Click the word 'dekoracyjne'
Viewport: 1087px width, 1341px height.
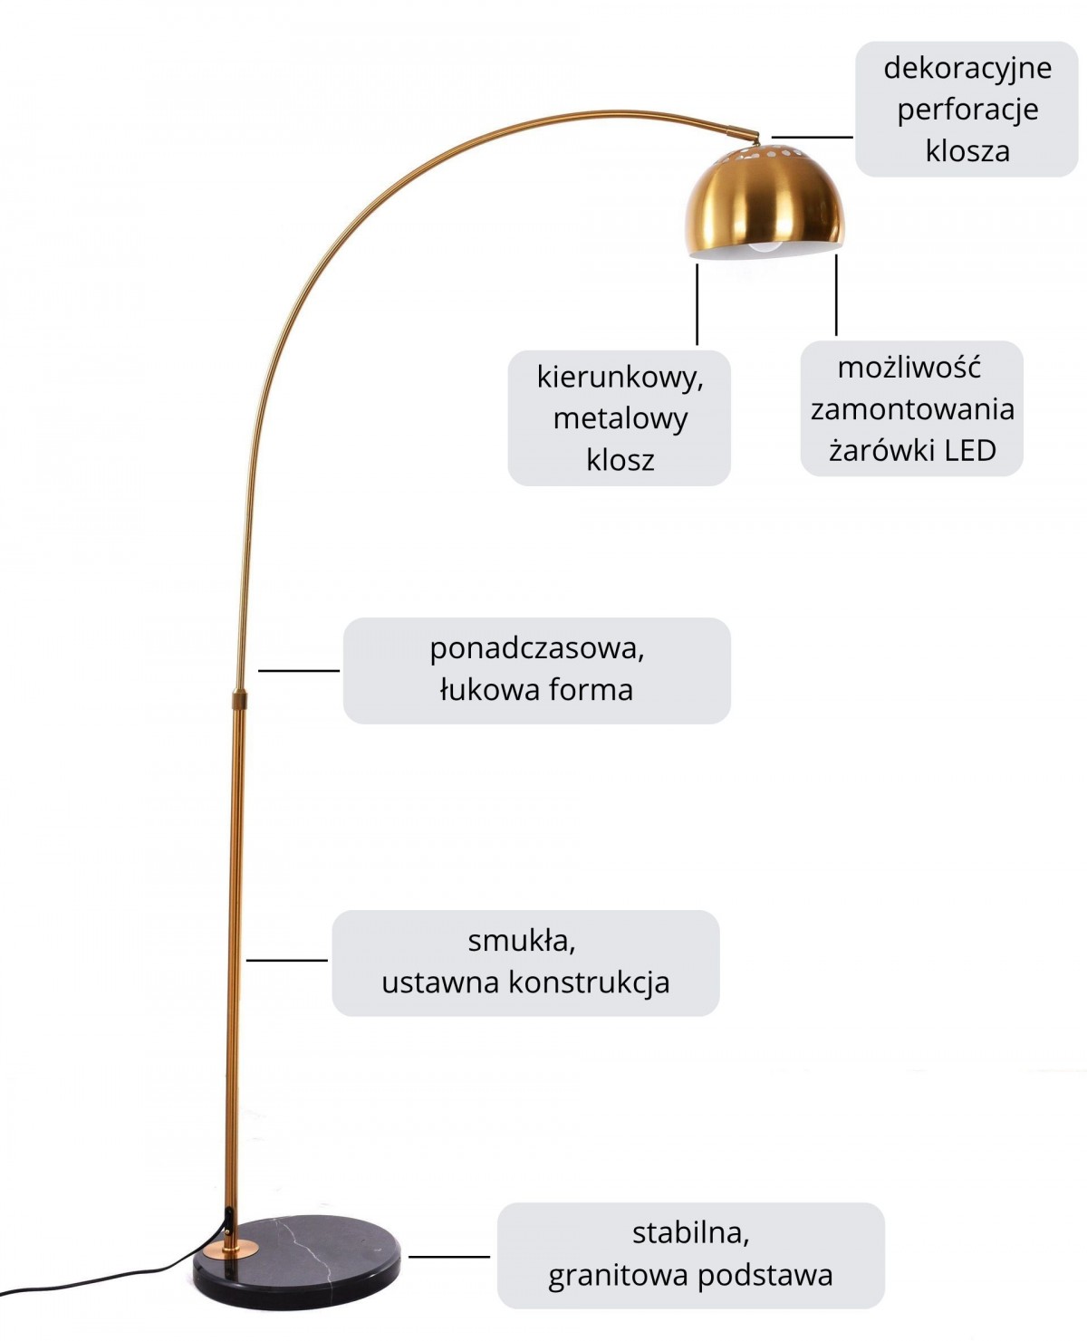point(967,69)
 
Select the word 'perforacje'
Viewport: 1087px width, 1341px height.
point(967,110)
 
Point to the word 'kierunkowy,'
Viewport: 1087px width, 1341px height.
point(620,377)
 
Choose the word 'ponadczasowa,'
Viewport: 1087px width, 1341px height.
point(536,648)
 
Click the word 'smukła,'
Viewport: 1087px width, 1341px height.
point(522,941)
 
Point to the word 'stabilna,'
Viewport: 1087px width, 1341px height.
point(691,1232)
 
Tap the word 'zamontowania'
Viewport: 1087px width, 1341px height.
point(912,409)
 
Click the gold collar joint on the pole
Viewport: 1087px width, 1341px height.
point(239,699)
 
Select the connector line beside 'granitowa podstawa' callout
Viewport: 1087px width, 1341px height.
point(449,1257)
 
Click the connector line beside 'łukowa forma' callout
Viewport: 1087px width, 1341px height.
point(299,670)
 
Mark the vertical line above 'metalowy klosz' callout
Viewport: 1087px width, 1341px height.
point(697,304)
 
